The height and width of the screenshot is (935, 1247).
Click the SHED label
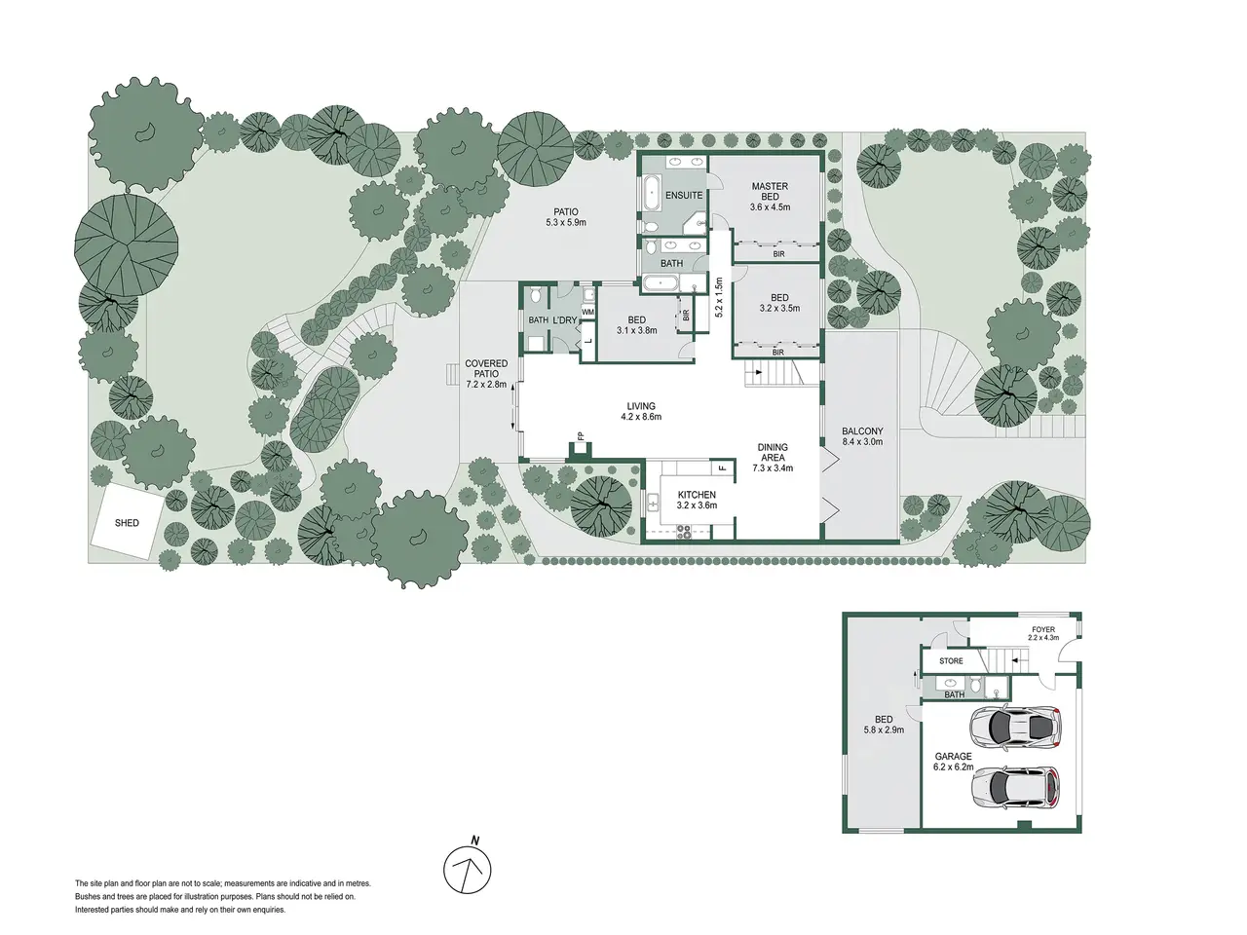pyautogui.click(x=127, y=523)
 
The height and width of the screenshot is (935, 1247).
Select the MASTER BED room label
pyautogui.click(x=770, y=191)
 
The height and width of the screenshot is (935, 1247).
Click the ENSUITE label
pyautogui.click(x=684, y=196)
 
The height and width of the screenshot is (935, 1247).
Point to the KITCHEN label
pyautogui.click(x=697, y=495)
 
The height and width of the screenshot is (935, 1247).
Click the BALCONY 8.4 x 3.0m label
pyautogui.click(x=862, y=436)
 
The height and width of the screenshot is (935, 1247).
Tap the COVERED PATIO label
pyautogui.click(x=486, y=368)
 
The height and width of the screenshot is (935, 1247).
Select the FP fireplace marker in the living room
pyautogui.click(x=581, y=436)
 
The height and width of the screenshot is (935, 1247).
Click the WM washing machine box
pyautogui.click(x=588, y=313)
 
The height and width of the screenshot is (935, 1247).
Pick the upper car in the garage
pyautogui.click(x=1015, y=728)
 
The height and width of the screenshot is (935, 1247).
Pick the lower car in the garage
pyautogui.click(x=1015, y=789)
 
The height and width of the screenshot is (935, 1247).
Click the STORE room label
pyautogui.click(x=951, y=660)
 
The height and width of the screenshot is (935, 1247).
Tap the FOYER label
pyautogui.click(x=1043, y=629)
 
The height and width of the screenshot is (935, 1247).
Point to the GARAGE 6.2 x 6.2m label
pyautogui.click(x=954, y=762)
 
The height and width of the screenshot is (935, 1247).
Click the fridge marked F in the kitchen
pyautogui.click(x=723, y=467)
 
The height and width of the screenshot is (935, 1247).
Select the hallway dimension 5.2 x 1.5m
pyautogui.click(x=719, y=297)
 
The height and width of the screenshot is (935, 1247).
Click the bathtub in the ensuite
pyautogui.click(x=651, y=193)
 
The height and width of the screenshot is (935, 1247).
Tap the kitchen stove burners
pyautogui.click(x=684, y=532)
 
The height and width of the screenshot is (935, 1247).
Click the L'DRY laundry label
pyautogui.click(x=565, y=320)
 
